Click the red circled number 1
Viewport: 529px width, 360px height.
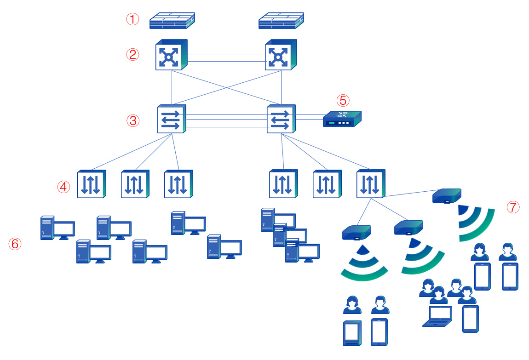[x=132, y=19]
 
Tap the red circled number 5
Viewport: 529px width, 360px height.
[x=343, y=100]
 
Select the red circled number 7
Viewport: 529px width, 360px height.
[x=513, y=207]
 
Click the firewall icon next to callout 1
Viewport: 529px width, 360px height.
[x=172, y=21]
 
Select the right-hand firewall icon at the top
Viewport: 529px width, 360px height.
[x=281, y=21]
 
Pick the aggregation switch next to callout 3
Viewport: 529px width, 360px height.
[x=172, y=119]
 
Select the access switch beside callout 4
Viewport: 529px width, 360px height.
[x=91, y=184]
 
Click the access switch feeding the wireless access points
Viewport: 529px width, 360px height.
[x=370, y=184]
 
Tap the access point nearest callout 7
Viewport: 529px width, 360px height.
[x=446, y=196]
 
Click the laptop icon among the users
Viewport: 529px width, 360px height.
[x=437, y=316]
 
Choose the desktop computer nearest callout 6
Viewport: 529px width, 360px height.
[x=57, y=228]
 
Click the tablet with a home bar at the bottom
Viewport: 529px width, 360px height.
[x=352, y=333]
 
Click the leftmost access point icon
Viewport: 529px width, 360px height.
[x=356, y=232]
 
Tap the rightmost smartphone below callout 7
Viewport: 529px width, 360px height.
[x=510, y=276]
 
